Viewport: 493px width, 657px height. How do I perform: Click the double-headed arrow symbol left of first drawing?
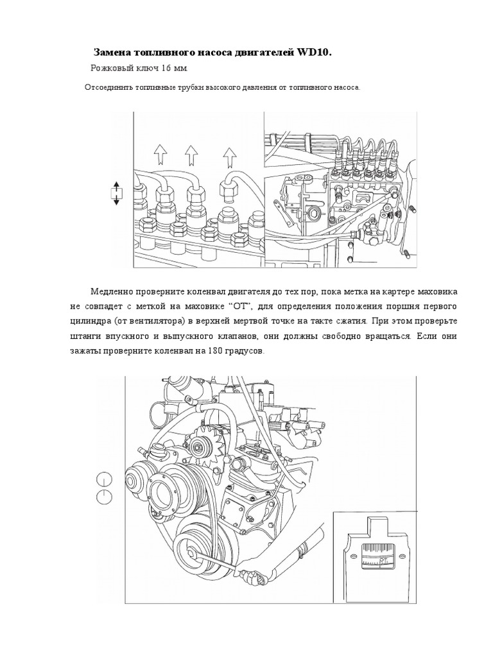coord(116,193)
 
